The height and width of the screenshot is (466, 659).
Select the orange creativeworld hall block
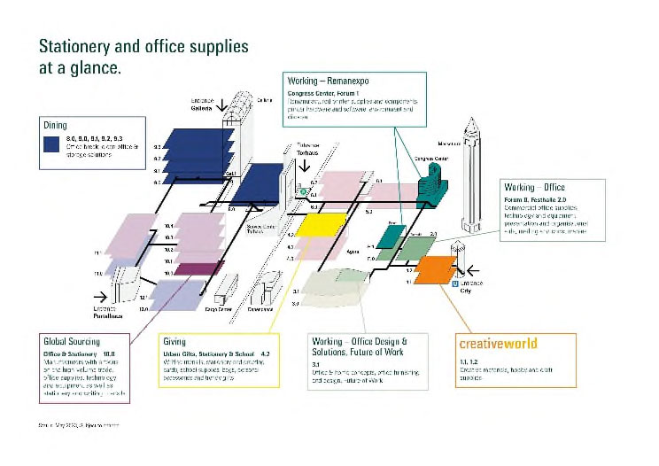(x=435, y=268)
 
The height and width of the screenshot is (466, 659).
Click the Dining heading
(x=55, y=125)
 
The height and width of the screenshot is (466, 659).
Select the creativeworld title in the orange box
(x=497, y=343)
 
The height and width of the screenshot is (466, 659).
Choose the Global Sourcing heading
(x=72, y=341)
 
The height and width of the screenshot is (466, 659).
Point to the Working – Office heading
(x=534, y=188)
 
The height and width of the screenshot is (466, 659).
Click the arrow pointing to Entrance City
(x=473, y=268)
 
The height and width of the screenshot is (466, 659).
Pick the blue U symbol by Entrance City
(x=454, y=283)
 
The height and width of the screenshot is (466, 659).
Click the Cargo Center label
(x=219, y=310)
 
